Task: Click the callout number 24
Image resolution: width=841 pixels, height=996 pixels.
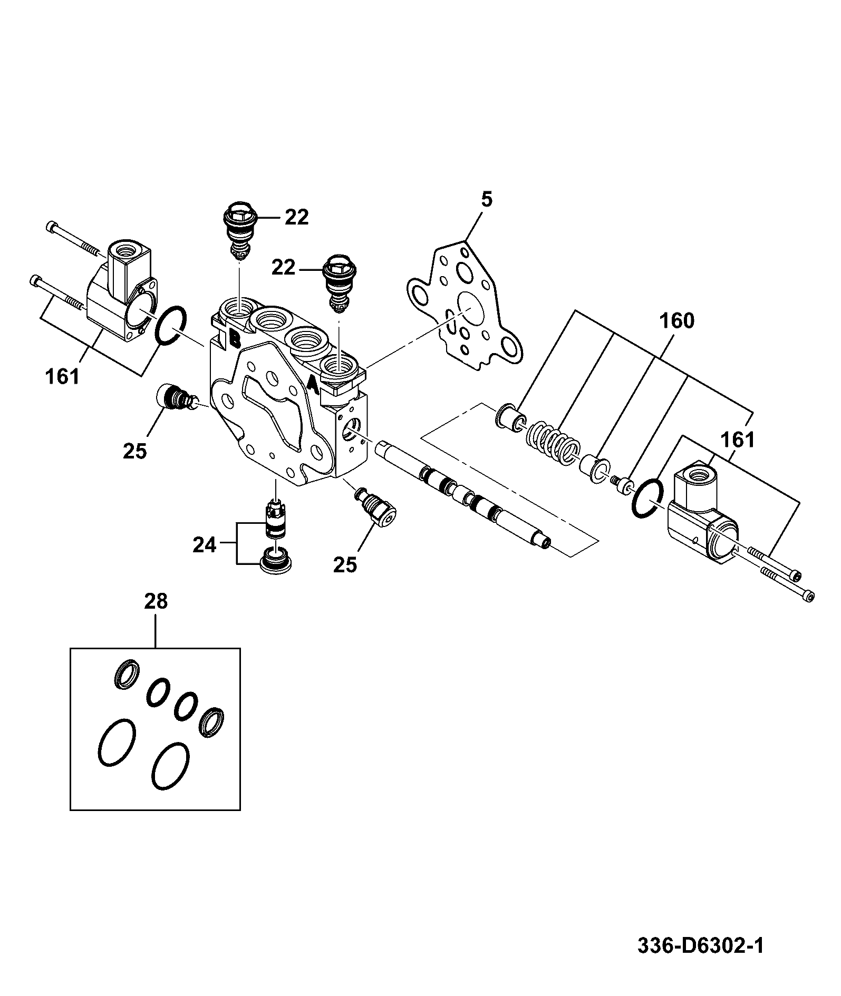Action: tap(205, 545)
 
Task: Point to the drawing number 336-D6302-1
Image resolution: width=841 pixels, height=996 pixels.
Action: tap(700, 946)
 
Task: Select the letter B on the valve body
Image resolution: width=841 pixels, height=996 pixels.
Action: tap(235, 338)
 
